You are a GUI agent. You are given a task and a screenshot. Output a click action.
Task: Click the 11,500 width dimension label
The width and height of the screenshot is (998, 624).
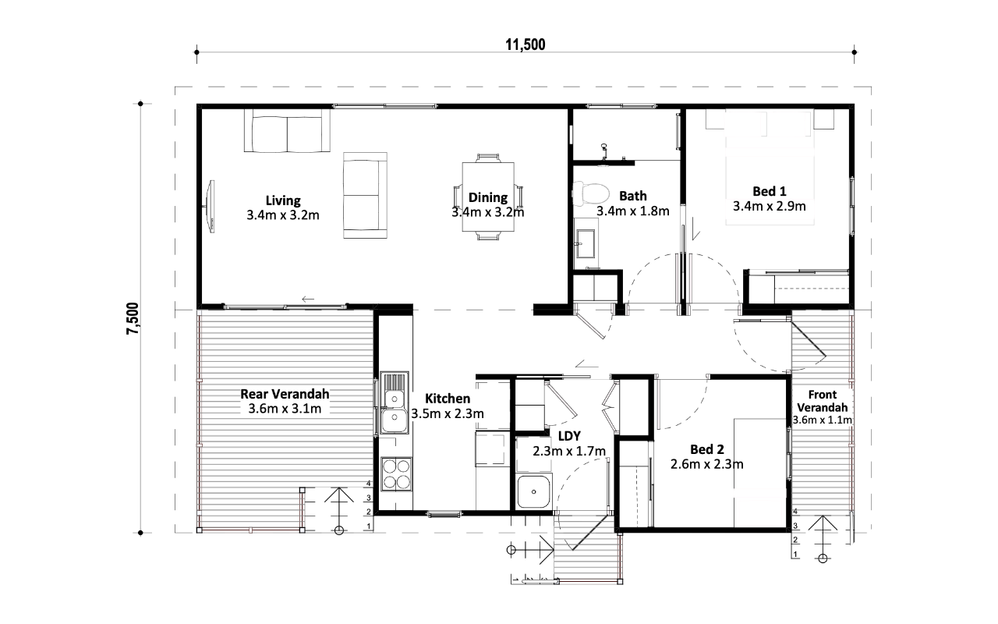pyautogui.click(x=526, y=44)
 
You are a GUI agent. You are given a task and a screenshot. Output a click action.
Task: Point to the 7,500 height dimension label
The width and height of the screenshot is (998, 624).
pyautogui.click(x=133, y=318)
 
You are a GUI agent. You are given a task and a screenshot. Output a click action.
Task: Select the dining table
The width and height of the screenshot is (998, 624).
pyautogui.click(x=488, y=197)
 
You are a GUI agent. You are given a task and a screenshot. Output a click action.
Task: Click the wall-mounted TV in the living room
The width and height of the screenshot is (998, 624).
pyautogui.click(x=211, y=207)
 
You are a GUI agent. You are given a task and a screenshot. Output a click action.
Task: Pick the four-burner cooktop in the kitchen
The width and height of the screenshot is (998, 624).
pyautogui.click(x=396, y=473)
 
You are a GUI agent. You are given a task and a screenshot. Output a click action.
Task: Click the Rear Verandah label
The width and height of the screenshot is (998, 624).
pyautogui.click(x=285, y=394)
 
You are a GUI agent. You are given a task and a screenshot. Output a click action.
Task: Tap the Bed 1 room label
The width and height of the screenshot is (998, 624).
pyautogui.click(x=770, y=191)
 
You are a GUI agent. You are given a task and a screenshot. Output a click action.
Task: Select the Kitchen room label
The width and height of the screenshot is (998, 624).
pyautogui.click(x=448, y=399)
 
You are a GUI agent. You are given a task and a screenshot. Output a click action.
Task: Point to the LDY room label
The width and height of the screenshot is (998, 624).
pyautogui.click(x=569, y=436)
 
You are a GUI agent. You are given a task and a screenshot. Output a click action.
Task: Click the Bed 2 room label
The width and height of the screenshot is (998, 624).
pyautogui.click(x=707, y=449)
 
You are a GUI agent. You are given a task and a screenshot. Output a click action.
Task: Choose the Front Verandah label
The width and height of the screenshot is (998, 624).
pyautogui.click(x=823, y=401)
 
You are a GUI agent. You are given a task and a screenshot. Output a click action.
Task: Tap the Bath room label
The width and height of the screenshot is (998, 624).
pyautogui.click(x=632, y=196)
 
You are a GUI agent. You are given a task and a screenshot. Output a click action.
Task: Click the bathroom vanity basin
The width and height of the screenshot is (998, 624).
pyautogui.click(x=585, y=243)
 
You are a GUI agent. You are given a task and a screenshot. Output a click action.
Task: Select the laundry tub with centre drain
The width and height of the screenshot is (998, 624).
pyautogui.click(x=534, y=491)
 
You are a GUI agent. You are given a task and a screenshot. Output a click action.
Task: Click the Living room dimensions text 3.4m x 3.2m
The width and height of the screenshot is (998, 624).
pyautogui.click(x=283, y=215)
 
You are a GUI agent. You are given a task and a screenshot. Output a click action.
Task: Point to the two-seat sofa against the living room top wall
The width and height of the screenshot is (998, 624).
pyautogui.click(x=287, y=130)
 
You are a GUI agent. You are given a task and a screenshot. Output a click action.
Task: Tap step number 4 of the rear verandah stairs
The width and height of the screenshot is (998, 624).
pyautogui.click(x=369, y=483)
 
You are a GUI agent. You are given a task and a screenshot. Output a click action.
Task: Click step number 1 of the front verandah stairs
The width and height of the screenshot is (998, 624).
pyautogui.click(x=795, y=555)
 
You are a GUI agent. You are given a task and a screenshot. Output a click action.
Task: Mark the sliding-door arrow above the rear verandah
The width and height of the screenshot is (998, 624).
pyautogui.click(x=308, y=299)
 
